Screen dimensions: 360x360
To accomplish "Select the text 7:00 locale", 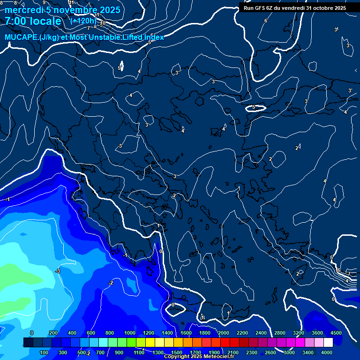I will coord(33,22).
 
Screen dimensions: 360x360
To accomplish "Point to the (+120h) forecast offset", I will coord(83,21).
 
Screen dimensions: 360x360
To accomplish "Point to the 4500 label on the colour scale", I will coord(336,333).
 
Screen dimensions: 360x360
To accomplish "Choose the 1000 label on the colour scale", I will coord(130,333).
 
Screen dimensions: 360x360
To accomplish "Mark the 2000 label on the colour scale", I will coord(224,333).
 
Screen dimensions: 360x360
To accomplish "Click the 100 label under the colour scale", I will coord(44,352).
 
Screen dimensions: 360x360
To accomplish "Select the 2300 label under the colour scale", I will coord(251,352).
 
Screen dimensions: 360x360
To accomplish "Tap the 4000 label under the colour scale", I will coord(327,352).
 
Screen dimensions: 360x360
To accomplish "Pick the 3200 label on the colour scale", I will coord(299,333).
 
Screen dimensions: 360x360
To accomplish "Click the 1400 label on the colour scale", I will coord(167,333).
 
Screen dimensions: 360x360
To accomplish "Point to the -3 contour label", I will coord(57,271).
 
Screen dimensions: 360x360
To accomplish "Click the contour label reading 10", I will coord(102,23).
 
